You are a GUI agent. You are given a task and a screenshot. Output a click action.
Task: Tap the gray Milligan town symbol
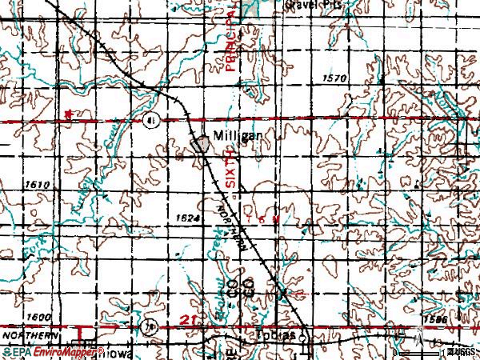[x=199, y=144]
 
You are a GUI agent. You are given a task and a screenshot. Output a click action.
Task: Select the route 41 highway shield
[x=151, y=120]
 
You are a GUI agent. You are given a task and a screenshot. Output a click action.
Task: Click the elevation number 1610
[x=37, y=185]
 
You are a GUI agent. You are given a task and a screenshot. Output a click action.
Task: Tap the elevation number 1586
[x=436, y=318]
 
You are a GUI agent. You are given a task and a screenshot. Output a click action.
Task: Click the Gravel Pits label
[x=308, y=4]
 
